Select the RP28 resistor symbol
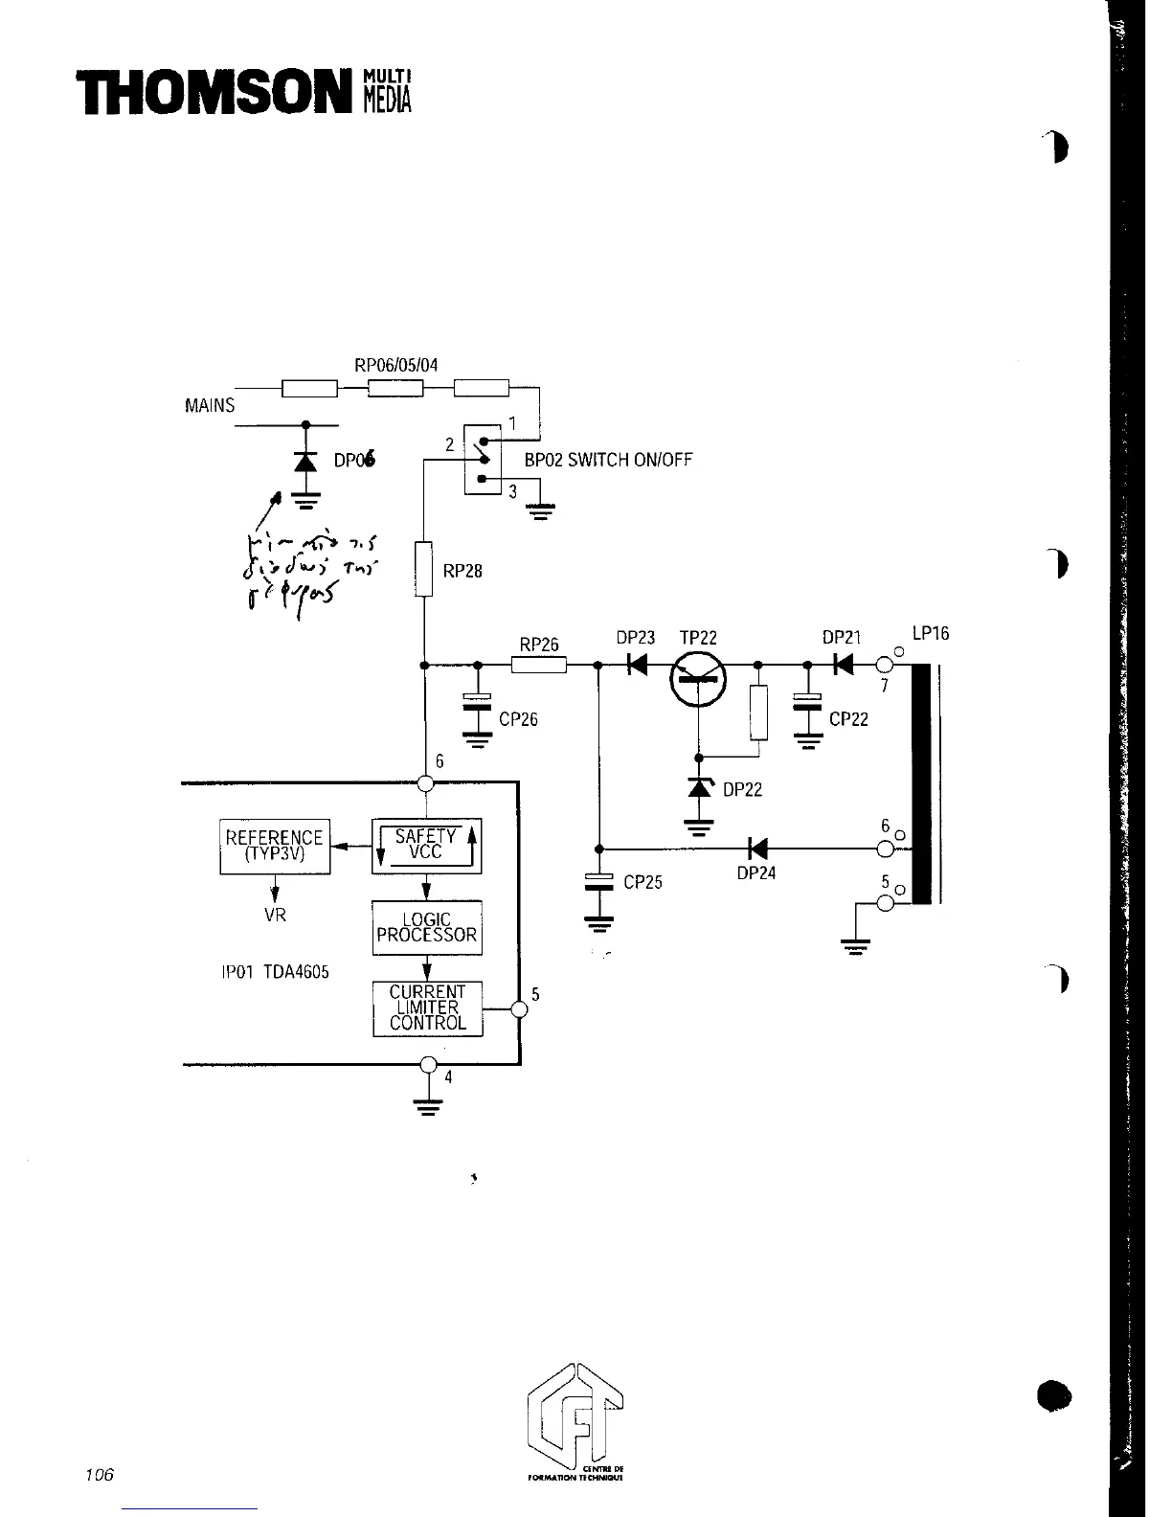[x=424, y=569]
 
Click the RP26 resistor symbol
[x=539, y=664]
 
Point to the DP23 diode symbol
[x=635, y=664]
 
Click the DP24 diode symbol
[x=758, y=849]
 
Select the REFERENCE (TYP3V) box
[x=275, y=847]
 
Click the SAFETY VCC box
[x=426, y=846]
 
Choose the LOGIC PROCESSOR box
[x=426, y=927]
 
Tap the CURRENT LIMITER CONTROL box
[x=427, y=1008]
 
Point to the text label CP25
[x=642, y=882]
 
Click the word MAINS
[x=209, y=405]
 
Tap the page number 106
[x=99, y=1474]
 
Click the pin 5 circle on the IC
[x=519, y=1009]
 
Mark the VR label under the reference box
[x=275, y=915]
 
